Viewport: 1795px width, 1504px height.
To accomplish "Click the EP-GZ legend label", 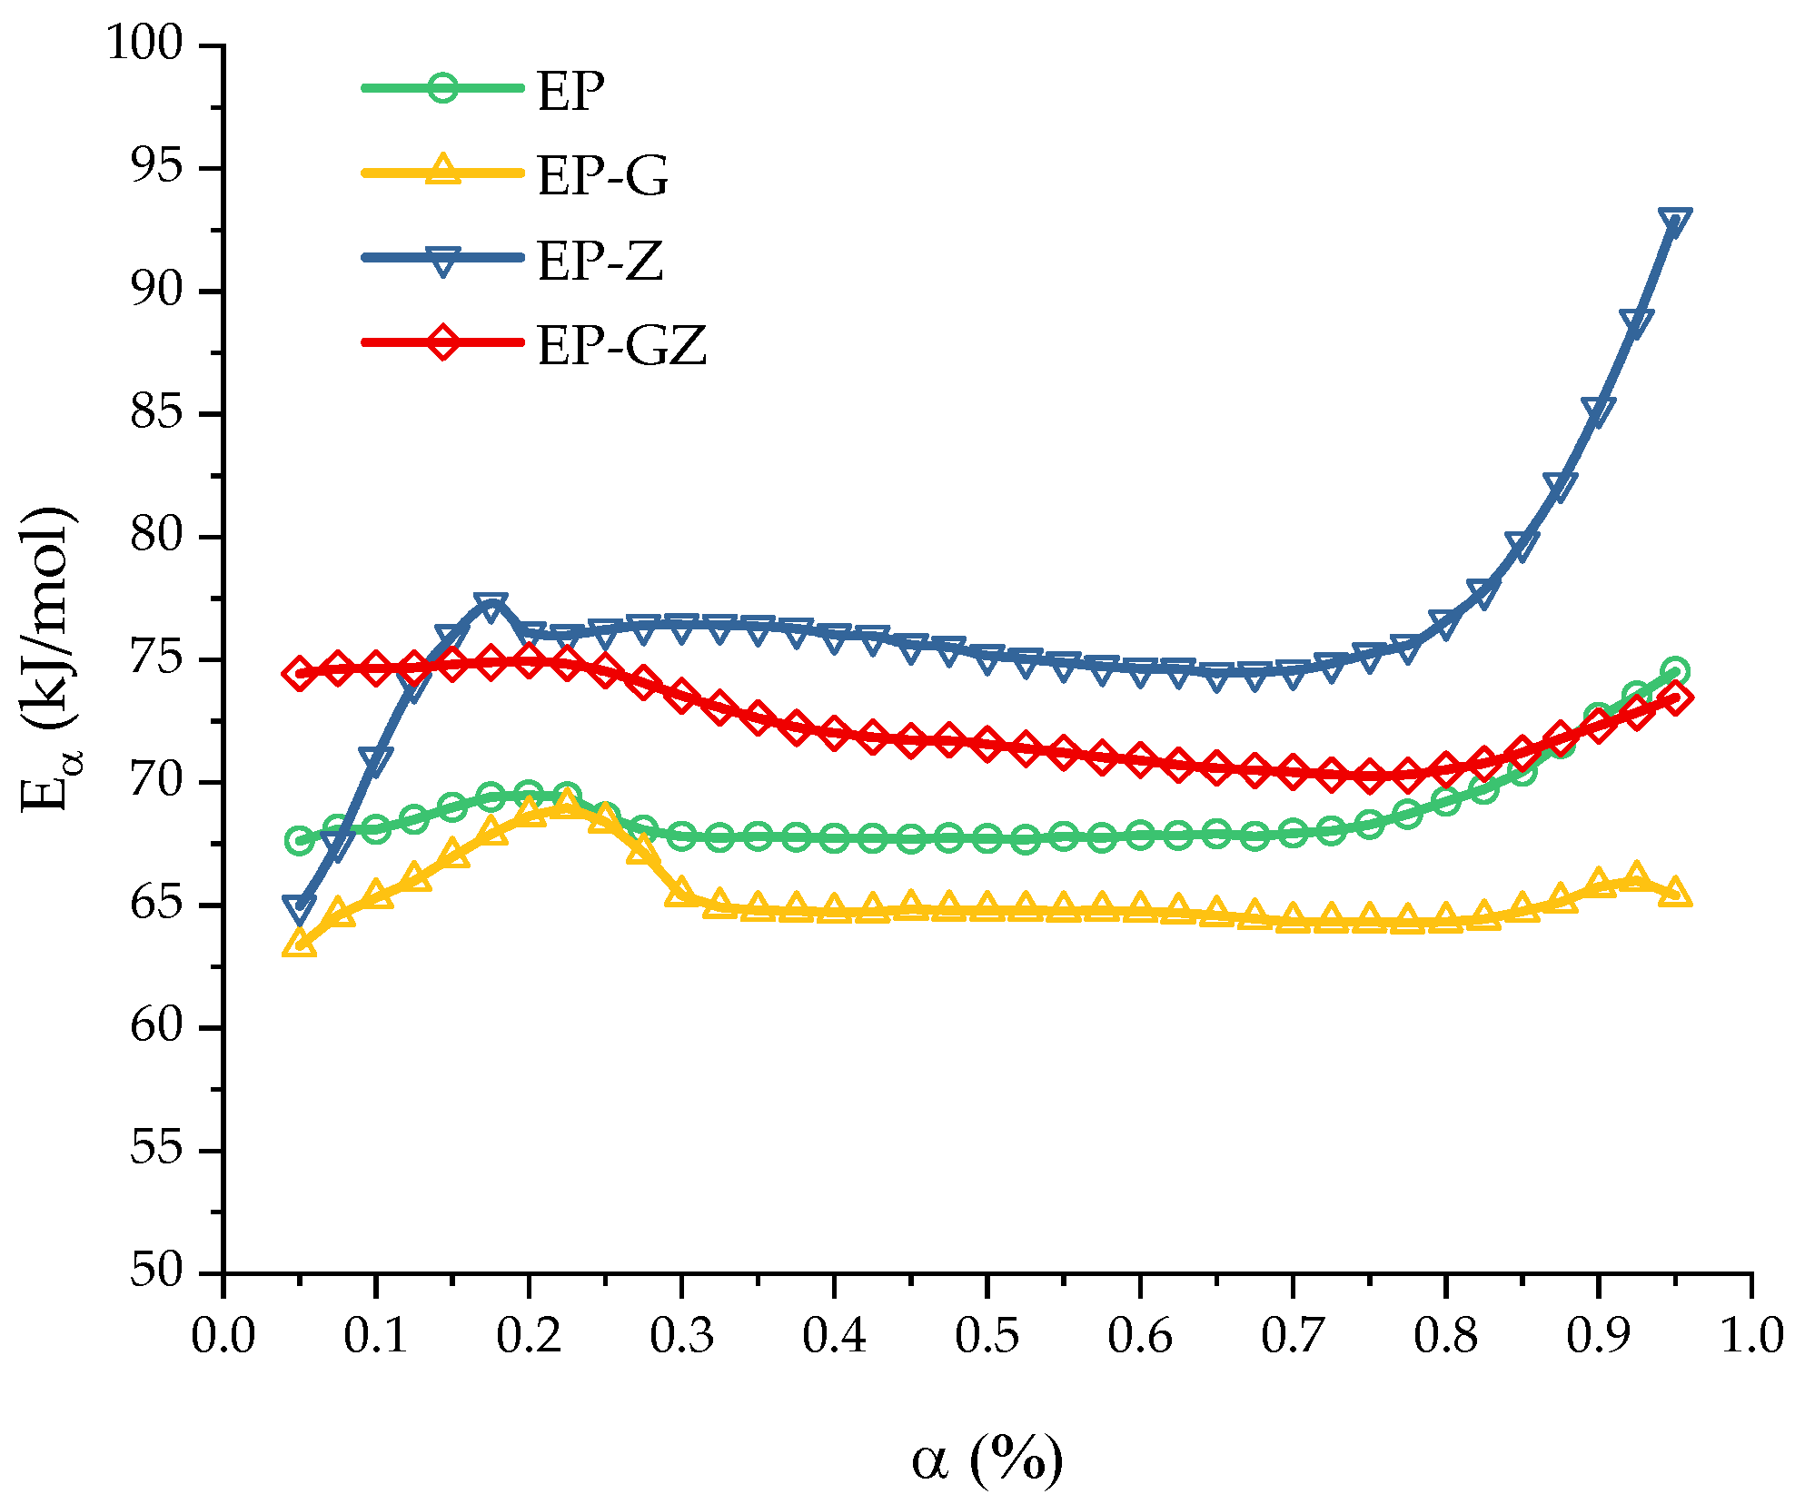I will click(x=621, y=346).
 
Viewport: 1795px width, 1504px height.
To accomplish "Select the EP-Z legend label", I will click(x=600, y=262).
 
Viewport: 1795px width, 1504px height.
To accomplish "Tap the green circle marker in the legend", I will click(x=442, y=88).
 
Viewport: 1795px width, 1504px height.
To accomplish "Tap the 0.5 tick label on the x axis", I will click(x=987, y=1337).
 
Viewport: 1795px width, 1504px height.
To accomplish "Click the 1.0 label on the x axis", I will click(x=1750, y=1337).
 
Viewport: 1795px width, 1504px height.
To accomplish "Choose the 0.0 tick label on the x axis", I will click(x=223, y=1337).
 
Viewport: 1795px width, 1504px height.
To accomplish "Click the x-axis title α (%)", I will click(x=987, y=1459).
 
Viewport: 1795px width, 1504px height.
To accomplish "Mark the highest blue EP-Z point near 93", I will click(x=1674, y=221).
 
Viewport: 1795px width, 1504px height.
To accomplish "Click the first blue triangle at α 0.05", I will click(x=299, y=907).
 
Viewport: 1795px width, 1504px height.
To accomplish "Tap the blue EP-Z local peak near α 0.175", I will click(x=491, y=606).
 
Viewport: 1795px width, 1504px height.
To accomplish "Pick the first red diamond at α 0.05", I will click(x=299, y=674).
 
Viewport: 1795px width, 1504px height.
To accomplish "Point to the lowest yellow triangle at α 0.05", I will click(x=299, y=944).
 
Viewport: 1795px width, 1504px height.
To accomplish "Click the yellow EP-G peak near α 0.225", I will click(x=567, y=803).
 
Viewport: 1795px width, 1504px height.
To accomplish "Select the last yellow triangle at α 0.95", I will click(x=1674, y=892).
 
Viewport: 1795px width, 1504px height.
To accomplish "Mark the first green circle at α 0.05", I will click(x=299, y=840).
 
